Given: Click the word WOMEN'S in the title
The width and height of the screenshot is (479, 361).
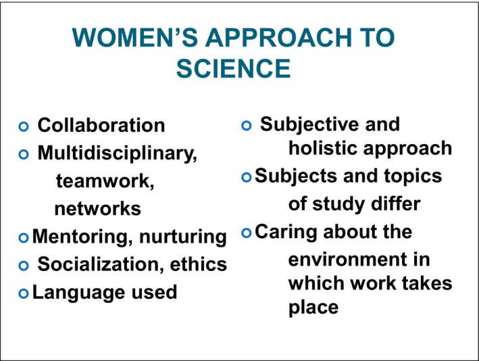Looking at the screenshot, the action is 134,37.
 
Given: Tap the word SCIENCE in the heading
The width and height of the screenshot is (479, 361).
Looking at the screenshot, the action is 233,68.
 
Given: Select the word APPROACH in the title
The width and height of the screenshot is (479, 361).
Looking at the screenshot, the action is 278,37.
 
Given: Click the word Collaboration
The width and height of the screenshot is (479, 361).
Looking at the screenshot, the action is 101,125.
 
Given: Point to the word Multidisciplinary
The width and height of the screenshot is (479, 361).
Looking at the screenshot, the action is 118,153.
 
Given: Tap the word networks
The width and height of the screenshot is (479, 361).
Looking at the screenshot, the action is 98,209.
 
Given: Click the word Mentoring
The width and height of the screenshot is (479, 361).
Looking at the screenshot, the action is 82,237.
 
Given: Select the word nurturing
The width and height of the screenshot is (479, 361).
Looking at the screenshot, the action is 183,237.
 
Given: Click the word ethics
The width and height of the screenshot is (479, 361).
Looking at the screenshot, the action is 199,264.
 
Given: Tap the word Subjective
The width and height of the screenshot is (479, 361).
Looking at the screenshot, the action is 309,124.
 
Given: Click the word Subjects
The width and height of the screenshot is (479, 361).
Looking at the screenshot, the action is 296,176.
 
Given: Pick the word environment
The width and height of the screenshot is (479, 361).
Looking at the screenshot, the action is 348,260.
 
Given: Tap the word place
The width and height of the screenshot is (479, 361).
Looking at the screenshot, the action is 313,307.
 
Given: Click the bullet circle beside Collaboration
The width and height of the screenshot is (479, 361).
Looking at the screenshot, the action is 24,126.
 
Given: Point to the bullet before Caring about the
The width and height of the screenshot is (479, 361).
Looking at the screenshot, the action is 246,233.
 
